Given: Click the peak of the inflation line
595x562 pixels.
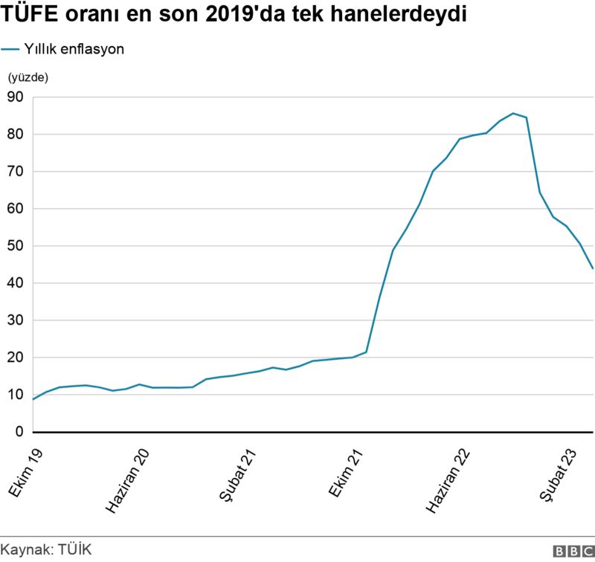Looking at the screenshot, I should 513,113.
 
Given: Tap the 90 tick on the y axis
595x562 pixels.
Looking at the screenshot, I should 16,97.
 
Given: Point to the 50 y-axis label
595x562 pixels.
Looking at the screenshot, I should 16,246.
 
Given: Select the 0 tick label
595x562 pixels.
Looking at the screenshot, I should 19,432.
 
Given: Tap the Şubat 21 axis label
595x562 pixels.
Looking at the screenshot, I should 239,476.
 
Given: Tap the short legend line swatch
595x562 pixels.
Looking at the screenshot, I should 10,49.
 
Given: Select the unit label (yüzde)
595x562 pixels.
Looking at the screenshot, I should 27,77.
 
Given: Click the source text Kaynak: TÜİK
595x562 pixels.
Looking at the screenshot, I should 46,549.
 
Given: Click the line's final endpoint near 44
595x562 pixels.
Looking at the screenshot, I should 593,268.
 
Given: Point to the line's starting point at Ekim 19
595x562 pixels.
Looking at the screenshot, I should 33,399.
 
